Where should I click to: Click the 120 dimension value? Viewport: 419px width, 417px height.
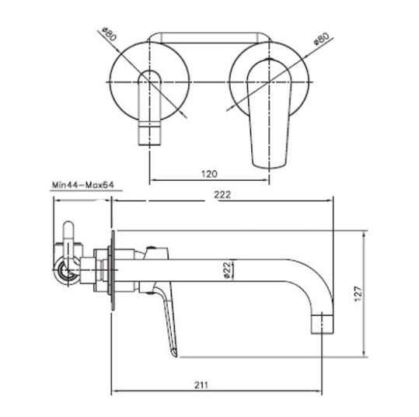tap(209, 174)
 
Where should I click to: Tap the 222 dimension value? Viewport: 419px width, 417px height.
tap(222, 195)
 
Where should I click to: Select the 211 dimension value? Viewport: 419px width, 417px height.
tap(201, 385)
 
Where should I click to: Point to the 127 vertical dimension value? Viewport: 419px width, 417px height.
tap(358, 294)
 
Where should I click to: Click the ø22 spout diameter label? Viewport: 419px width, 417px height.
tap(227, 270)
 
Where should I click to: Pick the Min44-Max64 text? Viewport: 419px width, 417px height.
tap(83, 185)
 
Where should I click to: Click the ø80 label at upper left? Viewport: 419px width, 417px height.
tap(110, 34)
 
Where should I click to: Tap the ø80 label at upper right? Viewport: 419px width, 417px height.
tap(322, 40)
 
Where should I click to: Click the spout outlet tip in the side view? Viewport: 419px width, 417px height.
tap(323, 324)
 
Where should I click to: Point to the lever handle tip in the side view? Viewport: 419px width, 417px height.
tap(175, 353)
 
